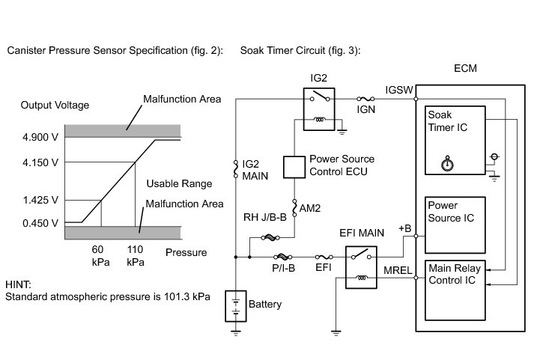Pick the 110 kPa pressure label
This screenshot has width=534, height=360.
[136, 255]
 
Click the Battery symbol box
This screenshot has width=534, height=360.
[236, 305]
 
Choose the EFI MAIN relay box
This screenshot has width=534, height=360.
[362, 268]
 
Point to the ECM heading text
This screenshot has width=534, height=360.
[465, 69]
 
